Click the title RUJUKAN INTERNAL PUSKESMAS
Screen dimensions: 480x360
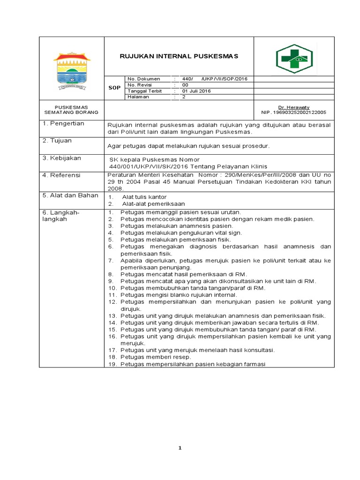180,56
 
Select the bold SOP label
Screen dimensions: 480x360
115,88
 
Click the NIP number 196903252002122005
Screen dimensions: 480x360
293,112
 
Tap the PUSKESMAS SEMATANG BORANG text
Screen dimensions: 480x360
71,110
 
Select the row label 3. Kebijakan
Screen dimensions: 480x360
62,158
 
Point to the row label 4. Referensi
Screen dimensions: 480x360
62,175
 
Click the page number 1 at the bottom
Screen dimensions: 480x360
180,448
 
